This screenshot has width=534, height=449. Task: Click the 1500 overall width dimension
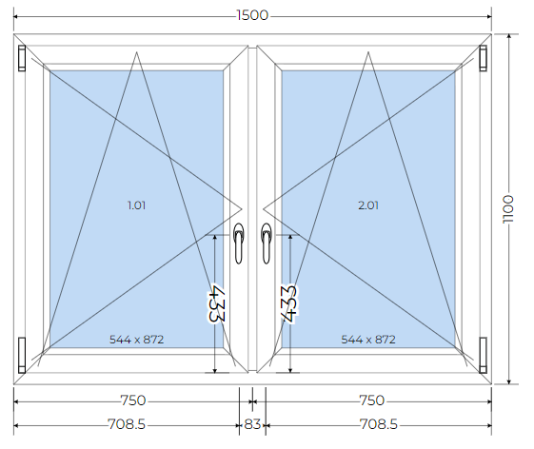coord(252,15)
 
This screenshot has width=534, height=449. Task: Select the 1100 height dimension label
coord(507,209)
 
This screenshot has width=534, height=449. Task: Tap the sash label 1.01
coord(136,205)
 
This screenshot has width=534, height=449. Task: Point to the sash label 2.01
coord(368,205)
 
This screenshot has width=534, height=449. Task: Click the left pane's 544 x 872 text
coord(136,340)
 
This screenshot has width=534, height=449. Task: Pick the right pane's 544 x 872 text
coord(368,340)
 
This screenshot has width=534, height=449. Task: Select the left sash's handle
coord(239,244)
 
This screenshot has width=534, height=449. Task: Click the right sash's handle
coord(267,244)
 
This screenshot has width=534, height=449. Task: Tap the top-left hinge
coord(22,58)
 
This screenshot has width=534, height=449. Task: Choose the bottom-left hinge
coord(22,355)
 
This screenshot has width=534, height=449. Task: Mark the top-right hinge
coord(483,58)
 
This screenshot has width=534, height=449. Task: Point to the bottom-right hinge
coord(483,355)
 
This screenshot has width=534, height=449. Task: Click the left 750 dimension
coord(133,400)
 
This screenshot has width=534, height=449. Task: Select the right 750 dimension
coord(372,400)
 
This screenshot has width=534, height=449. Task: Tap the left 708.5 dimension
coord(127,424)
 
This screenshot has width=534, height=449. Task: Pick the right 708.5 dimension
coord(379,424)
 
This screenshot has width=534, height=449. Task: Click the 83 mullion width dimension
coord(252,424)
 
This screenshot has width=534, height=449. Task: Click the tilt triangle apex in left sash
coord(136,52)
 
